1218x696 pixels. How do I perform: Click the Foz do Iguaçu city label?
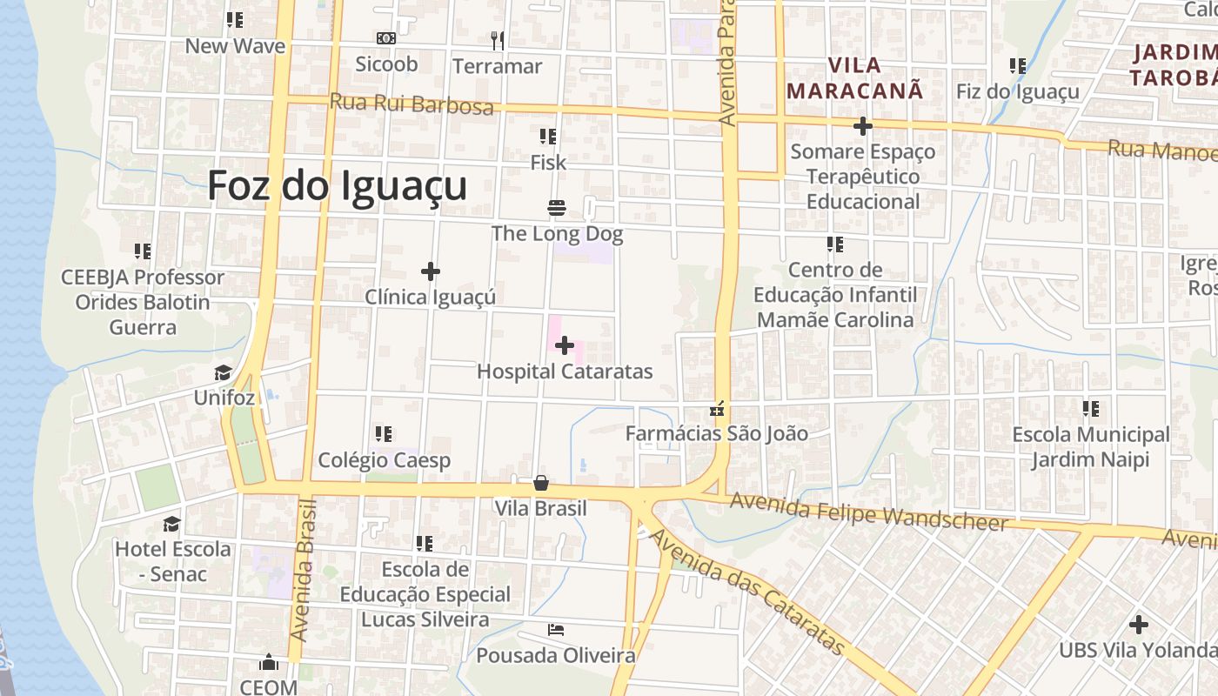[x=337, y=186]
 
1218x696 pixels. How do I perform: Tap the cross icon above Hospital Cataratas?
[x=565, y=345]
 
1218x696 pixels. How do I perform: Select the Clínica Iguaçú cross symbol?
[x=430, y=271]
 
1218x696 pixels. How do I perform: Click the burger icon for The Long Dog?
[x=557, y=208]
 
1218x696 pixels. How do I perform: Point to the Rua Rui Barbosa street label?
[x=412, y=104]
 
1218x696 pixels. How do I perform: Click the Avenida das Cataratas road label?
[x=747, y=593]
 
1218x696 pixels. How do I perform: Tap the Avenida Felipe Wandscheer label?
[x=868, y=512]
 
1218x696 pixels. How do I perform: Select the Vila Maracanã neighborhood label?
[x=853, y=77]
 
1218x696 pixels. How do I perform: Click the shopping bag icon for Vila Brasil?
[x=541, y=483]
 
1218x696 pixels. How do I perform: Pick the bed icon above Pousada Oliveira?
[x=556, y=629]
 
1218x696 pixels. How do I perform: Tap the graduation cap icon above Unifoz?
[x=224, y=373]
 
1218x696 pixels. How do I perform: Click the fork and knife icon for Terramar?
[x=497, y=40]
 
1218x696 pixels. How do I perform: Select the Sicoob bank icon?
[x=386, y=38]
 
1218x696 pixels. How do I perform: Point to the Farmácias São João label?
[x=717, y=433]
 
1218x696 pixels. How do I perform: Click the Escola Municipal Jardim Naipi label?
[x=1090, y=446]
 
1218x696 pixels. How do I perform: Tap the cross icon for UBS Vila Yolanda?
[x=1138, y=624]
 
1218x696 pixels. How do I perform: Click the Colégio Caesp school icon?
[x=384, y=433]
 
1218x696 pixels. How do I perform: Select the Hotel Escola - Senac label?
[x=173, y=561]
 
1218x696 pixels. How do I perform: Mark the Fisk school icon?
[x=548, y=137]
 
